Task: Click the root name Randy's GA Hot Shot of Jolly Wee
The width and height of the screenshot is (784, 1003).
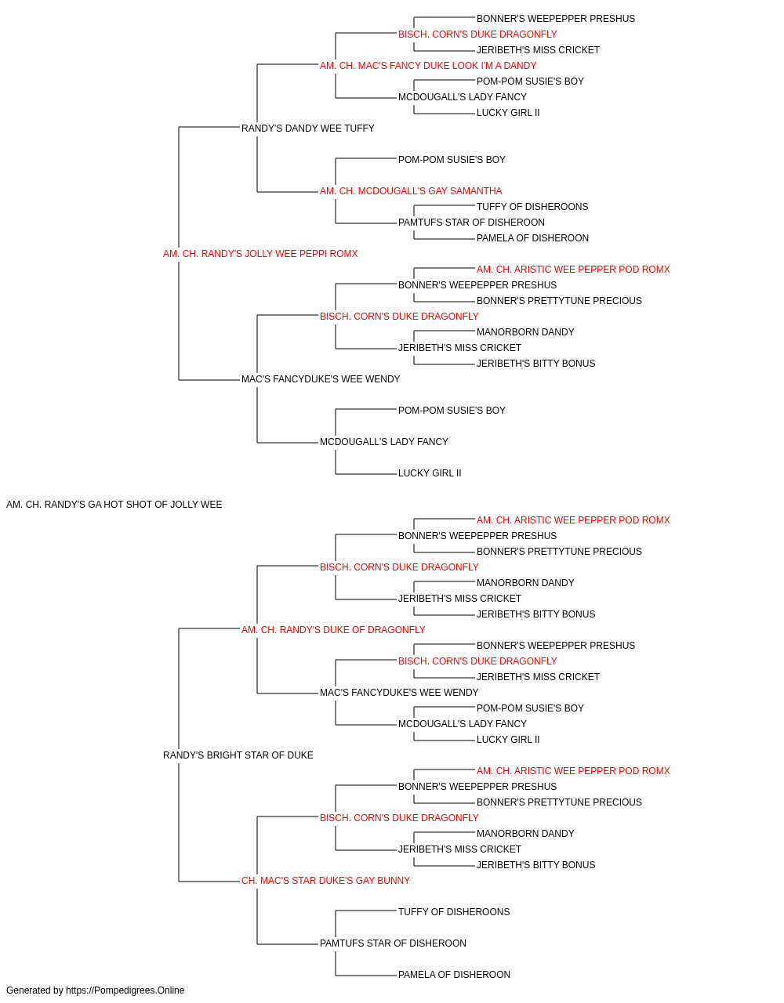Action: (114, 505)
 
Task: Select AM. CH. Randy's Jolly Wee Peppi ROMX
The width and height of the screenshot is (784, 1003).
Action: (260, 254)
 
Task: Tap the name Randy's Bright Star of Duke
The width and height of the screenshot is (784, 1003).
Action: (238, 755)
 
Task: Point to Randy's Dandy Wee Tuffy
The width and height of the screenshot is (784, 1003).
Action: (308, 129)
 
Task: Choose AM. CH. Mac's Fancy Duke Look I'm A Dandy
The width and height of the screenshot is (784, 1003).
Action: (428, 66)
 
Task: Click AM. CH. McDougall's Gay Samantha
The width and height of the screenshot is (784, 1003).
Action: (411, 191)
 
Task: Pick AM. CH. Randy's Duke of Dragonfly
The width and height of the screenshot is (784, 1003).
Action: (333, 629)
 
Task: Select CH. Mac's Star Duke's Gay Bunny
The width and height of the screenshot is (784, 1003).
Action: (326, 881)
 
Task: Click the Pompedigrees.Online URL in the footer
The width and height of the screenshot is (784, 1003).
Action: (125, 990)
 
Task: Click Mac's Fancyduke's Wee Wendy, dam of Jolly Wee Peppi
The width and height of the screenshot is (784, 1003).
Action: (321, 379)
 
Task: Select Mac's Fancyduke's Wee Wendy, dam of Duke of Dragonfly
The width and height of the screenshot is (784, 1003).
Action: (399, 693)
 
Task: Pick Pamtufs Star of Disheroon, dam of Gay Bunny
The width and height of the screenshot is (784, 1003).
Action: (393, 943)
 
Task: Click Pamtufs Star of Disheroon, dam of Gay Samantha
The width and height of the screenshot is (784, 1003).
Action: (471, 223)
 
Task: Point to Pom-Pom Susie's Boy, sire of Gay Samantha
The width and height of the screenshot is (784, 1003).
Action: (452, 160)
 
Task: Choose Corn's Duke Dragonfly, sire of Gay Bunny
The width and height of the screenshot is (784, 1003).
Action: (399, 818)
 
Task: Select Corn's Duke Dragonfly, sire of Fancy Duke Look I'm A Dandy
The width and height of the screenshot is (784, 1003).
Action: (478, 34)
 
